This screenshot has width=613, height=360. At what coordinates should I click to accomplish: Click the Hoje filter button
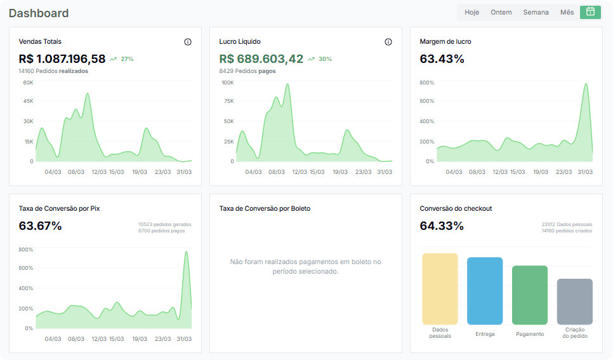tap(471, 13)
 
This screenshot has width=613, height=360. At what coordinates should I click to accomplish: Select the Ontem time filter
tap(501, 13)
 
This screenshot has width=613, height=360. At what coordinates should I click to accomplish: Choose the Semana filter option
tap(536, 13)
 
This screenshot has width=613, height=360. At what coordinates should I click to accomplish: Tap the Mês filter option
tap(567, 13)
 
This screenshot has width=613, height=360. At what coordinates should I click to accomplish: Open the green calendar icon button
tap(590, 12)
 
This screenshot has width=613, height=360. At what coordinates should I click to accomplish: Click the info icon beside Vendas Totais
tap(188, 42)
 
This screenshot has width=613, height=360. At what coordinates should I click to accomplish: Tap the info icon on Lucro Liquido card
tap(388, 42)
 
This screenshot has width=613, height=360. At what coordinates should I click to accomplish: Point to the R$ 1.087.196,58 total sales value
tap(62, 58)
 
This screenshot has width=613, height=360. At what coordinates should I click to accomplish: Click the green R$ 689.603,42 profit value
tap(261, 58)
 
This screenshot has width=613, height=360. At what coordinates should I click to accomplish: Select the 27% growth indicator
tap(122, 59)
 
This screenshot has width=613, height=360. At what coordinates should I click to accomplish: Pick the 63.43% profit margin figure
tap(442, 58)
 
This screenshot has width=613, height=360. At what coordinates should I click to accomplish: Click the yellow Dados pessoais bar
tap(440, 289)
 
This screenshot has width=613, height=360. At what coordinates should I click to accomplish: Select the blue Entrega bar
tap(485, 291)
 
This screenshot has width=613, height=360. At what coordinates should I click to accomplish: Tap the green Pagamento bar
tap(530, 295)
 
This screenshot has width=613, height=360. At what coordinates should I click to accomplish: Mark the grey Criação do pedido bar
tap(575, 302)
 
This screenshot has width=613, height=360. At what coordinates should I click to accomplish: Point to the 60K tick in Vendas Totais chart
tap(28, 83)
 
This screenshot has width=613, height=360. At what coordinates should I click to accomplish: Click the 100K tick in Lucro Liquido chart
tap(228, 83)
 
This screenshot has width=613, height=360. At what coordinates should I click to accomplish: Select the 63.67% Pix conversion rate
tap(40, 226)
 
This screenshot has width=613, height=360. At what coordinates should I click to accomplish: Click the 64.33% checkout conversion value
tap(442, 226)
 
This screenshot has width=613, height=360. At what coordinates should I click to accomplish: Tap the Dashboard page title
tap(39, 13)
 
